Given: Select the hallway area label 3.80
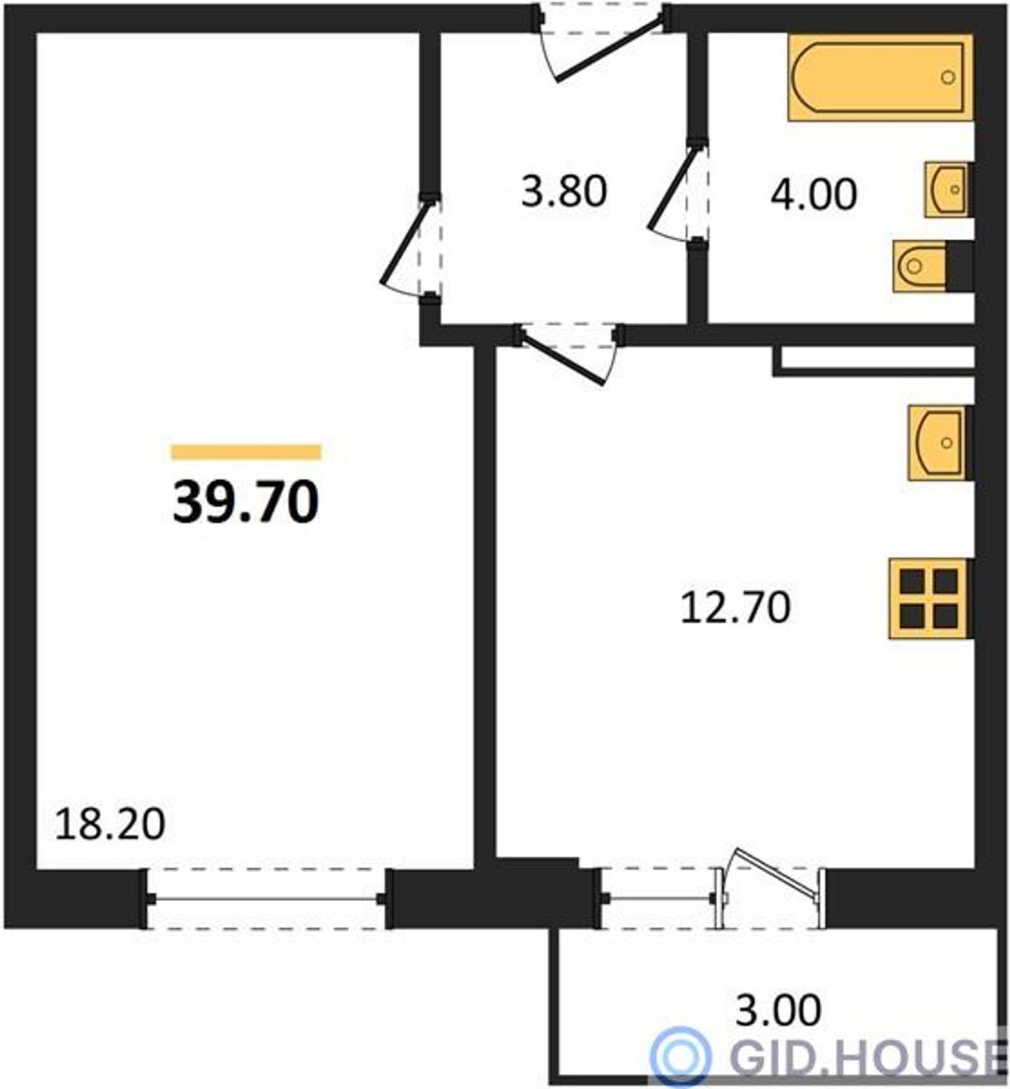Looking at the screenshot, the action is pyautogui.click(x=564, y=192).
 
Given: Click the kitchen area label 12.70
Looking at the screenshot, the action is pyautogui.click(x=735, y=608).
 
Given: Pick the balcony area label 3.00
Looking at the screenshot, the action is pyautogui.click(x=778, y=1011).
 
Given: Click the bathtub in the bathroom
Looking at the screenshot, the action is pyautogui.click(x=880, y=77).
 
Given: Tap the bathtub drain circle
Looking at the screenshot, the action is pyautogui.click(x=948, y=78).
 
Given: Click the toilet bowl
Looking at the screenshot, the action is pyautogui.click(x=919, y=266).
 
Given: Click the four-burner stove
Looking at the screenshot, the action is pyautogui.click(x=930, y=599).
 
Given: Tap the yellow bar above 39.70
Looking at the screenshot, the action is pyautogui.click(x=246, y=452).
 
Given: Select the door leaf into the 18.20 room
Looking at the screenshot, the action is pyautogui.click(x=405, y=242).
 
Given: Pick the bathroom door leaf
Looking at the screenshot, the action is pyautogui.click(x=674, y=189).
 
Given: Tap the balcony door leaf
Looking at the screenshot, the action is pyautogui.click(x=777, y=876).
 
